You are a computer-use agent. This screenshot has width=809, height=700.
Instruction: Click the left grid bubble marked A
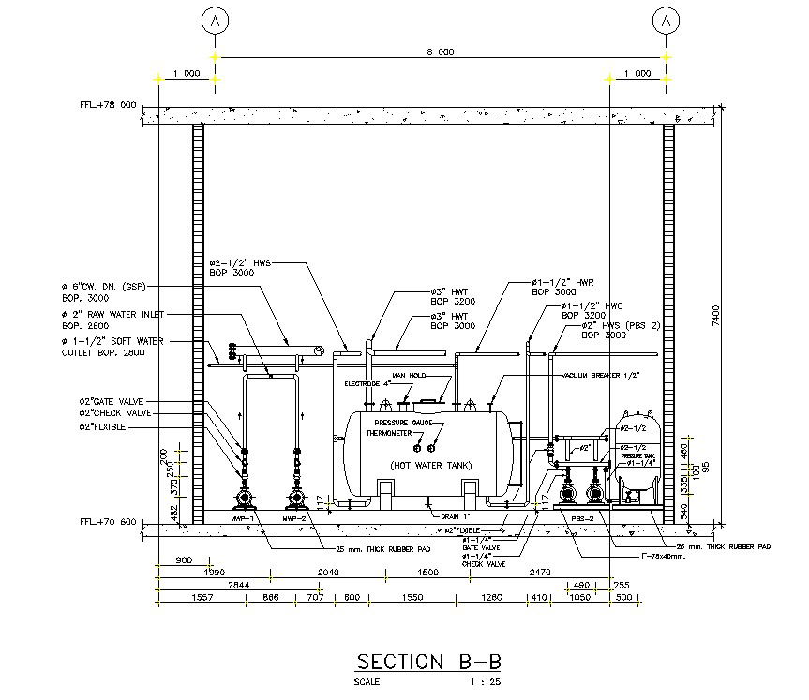(216, 19)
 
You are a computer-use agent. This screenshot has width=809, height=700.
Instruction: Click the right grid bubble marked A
(667, 19)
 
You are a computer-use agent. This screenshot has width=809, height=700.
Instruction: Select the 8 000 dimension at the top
(441, 52)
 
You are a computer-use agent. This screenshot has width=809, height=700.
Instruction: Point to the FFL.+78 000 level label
(109, 105)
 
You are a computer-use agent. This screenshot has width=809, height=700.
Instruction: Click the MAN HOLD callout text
(409, 375)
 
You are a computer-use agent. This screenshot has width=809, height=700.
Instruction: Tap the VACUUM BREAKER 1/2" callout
(600, 375)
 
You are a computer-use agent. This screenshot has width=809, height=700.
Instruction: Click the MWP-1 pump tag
(244, 517)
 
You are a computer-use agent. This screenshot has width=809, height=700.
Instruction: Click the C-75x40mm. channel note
(638, 555)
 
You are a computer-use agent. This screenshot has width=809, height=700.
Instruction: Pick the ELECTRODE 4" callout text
(361, 383)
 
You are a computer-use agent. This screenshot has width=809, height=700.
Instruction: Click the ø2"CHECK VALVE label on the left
(114, 413)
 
